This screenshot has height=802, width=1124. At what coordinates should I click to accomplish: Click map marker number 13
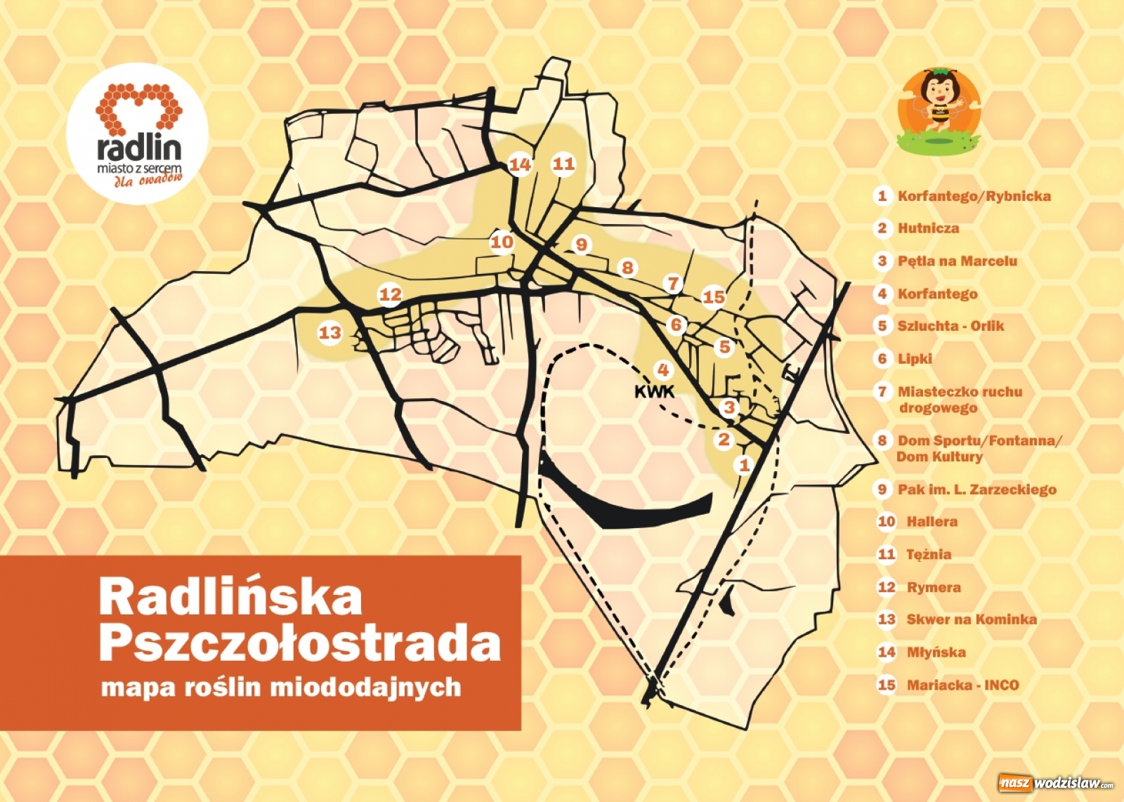(x=329, y=332)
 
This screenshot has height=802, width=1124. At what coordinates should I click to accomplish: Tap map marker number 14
(x=520, y=164)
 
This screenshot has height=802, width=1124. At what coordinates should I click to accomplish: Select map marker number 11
(x=563, y=164)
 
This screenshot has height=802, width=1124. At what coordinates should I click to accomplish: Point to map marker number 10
(x=502, y=242)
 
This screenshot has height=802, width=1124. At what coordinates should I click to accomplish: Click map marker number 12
(x=390, y=294)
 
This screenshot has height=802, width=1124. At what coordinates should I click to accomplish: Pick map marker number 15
(x=714, y=296)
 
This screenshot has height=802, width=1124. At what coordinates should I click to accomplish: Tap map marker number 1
(x=744, y=464)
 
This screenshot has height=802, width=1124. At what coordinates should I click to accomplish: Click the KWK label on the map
(x=654, y=391)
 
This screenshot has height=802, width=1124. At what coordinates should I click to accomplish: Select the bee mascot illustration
(x=939, y=109)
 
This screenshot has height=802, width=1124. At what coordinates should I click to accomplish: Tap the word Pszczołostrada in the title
(x=300, y=643)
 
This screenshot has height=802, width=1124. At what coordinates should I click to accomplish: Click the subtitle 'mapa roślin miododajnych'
(x=281, y=687)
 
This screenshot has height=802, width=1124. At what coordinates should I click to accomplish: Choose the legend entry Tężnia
(x=929, y=554)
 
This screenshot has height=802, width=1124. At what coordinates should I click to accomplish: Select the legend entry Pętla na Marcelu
(x=957, y=261)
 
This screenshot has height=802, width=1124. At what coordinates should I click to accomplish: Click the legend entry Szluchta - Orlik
(x=950, y=326)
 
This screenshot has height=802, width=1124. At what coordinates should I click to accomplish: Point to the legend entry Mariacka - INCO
(x=962, y=685)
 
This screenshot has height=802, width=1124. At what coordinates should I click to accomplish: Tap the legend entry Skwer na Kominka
(x=971, y=619)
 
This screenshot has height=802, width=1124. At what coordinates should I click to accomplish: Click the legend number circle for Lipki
(x=882, y=359)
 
